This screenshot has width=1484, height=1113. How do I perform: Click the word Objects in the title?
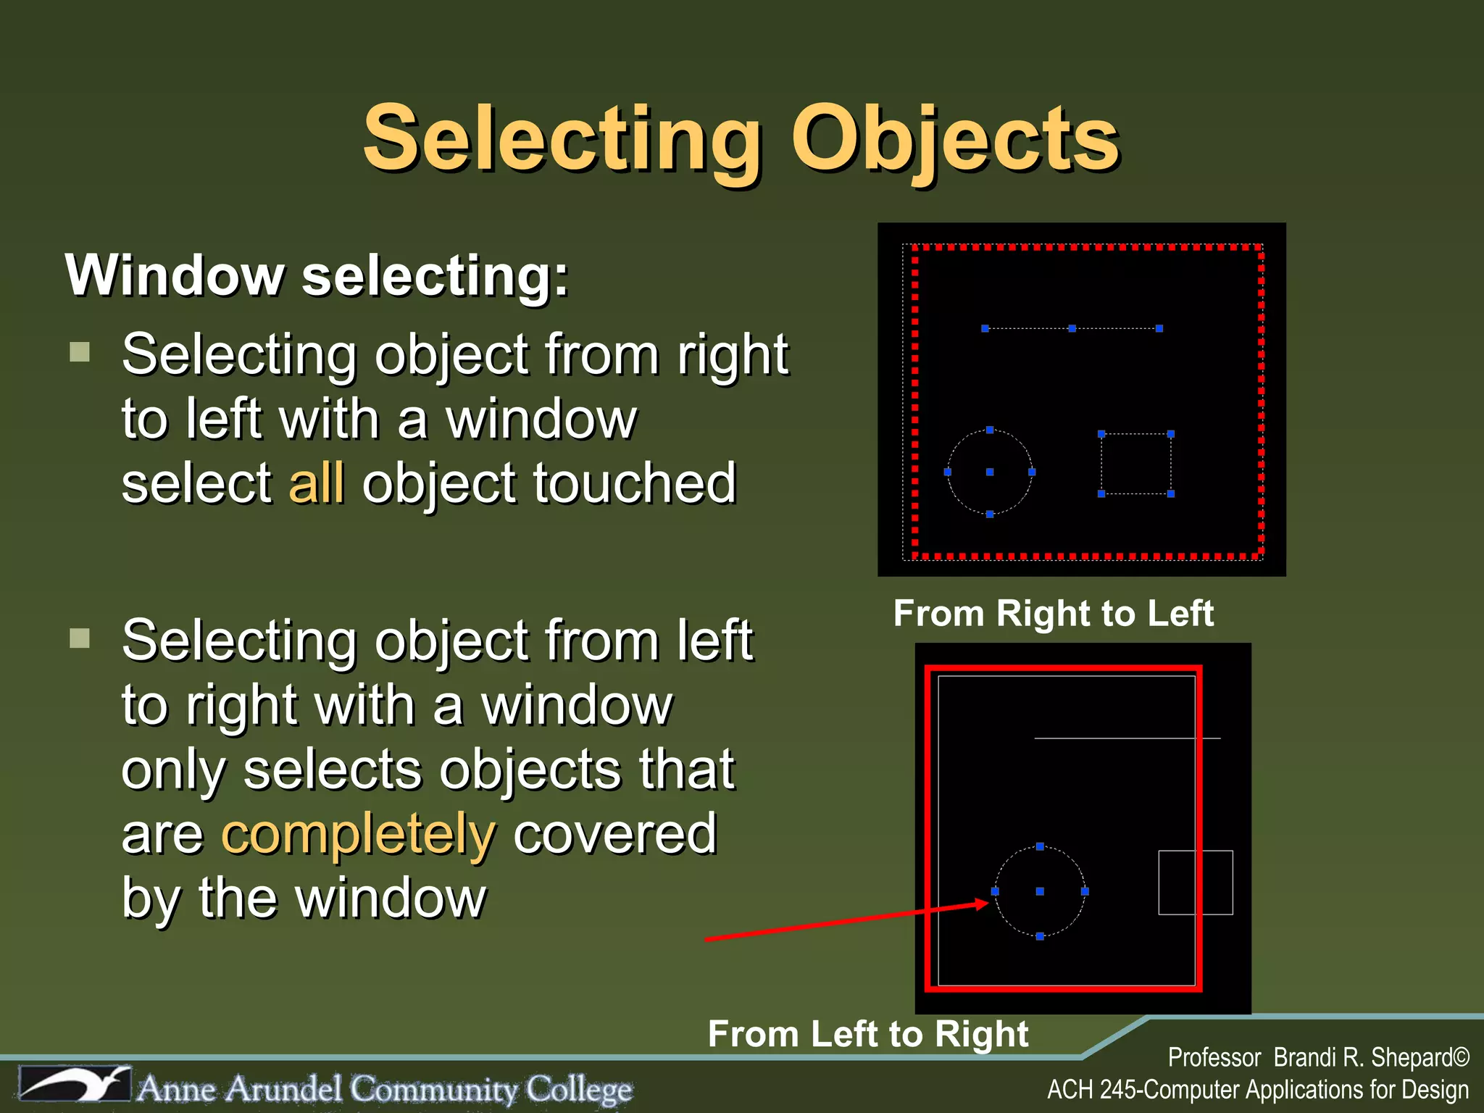click(x=955, y=139)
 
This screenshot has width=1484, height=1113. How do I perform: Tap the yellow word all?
click(x=317, y=483)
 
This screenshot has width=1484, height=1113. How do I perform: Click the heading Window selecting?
click(x=317, y=275)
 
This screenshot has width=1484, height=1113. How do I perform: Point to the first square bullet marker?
click(x=80, y=352)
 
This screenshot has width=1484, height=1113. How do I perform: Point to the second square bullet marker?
click(x=80, y=638)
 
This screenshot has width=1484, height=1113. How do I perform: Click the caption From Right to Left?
click(x=1053, y=614)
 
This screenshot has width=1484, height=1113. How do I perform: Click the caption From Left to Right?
click(x=867, y=1033)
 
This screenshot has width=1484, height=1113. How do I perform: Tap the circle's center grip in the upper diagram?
click(x=990, y=472)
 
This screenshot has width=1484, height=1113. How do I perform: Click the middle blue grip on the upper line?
click(x=1072, y=328)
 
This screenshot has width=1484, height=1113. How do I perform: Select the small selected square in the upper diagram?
click(x=1135, y=464)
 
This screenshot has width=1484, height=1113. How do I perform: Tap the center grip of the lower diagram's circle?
click(x=1040, y=891)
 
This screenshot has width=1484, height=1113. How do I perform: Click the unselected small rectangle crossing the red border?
click(x=1196, y=883)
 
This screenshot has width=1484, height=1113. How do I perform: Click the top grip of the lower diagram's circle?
click(x=1040, y=846)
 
